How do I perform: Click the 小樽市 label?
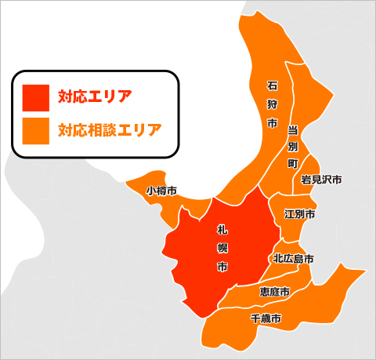(161, 191)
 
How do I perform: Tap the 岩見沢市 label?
(321, 180)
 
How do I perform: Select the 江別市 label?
(300, 214)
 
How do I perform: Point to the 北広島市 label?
(294, 258)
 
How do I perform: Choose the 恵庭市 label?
(274, 292)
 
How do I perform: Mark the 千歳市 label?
(266, 319)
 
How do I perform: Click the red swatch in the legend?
(36, 97)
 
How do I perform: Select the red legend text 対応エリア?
(95, 97)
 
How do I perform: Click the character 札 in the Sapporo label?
(222, 228)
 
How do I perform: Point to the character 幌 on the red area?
(222, 248)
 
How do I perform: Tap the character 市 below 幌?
(222, 267)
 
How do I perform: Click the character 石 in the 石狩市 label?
(273, 85)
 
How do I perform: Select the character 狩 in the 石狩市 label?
(273, 104)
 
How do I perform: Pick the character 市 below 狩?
(273, 124)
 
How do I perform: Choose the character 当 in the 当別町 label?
(292, 128)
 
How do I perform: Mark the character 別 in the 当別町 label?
(292, 146)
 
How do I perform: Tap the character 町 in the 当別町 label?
(292, 164)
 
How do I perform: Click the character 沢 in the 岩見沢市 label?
(327, 180)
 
